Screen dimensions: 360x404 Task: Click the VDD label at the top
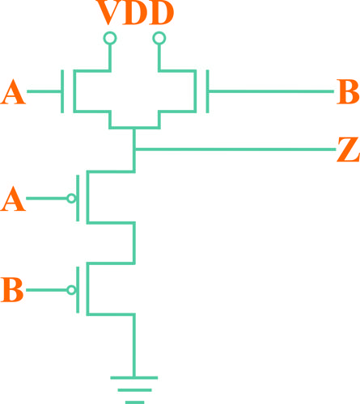[x=135, y=12]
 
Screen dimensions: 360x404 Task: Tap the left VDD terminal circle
[x=110, y=38]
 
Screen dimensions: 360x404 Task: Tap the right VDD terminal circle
[x=159, y=38]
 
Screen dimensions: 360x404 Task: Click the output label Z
[x=348, y=149]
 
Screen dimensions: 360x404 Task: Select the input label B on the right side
[x=348, y=91]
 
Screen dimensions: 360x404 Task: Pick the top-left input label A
[x=13, y=92]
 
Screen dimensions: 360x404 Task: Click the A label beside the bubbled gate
[x=13, y=199]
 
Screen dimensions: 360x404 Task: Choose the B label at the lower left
[x=12, y=289]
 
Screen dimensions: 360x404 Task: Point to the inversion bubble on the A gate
[x=71, y=199]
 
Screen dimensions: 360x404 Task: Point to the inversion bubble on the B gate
[x=71, y=290]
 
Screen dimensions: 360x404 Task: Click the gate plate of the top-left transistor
[x=62, y=91]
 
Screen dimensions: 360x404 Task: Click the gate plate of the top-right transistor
[x=207, y=91]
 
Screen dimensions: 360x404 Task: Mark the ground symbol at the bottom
[x=134, y=389]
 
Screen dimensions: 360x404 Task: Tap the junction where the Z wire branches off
[x=134, y=149]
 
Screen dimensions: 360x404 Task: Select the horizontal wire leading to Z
[x=235, y=149]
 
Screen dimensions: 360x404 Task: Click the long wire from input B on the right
[x=271, y=91]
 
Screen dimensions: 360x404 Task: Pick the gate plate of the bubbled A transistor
[x=78, y=198]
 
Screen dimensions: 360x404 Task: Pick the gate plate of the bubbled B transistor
[x=78, y=290]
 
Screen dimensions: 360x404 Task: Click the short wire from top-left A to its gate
[x=44, y=91]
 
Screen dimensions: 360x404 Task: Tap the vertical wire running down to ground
[x=134, y=346]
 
